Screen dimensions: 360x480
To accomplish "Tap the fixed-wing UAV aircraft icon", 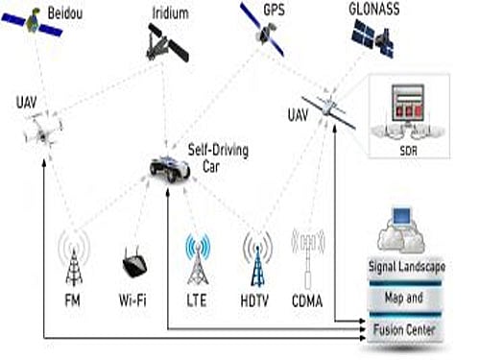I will click(326, 108).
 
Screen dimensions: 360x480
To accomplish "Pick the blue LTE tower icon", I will click(199, 258).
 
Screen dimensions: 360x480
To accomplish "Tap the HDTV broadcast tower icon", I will click(255, 258).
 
